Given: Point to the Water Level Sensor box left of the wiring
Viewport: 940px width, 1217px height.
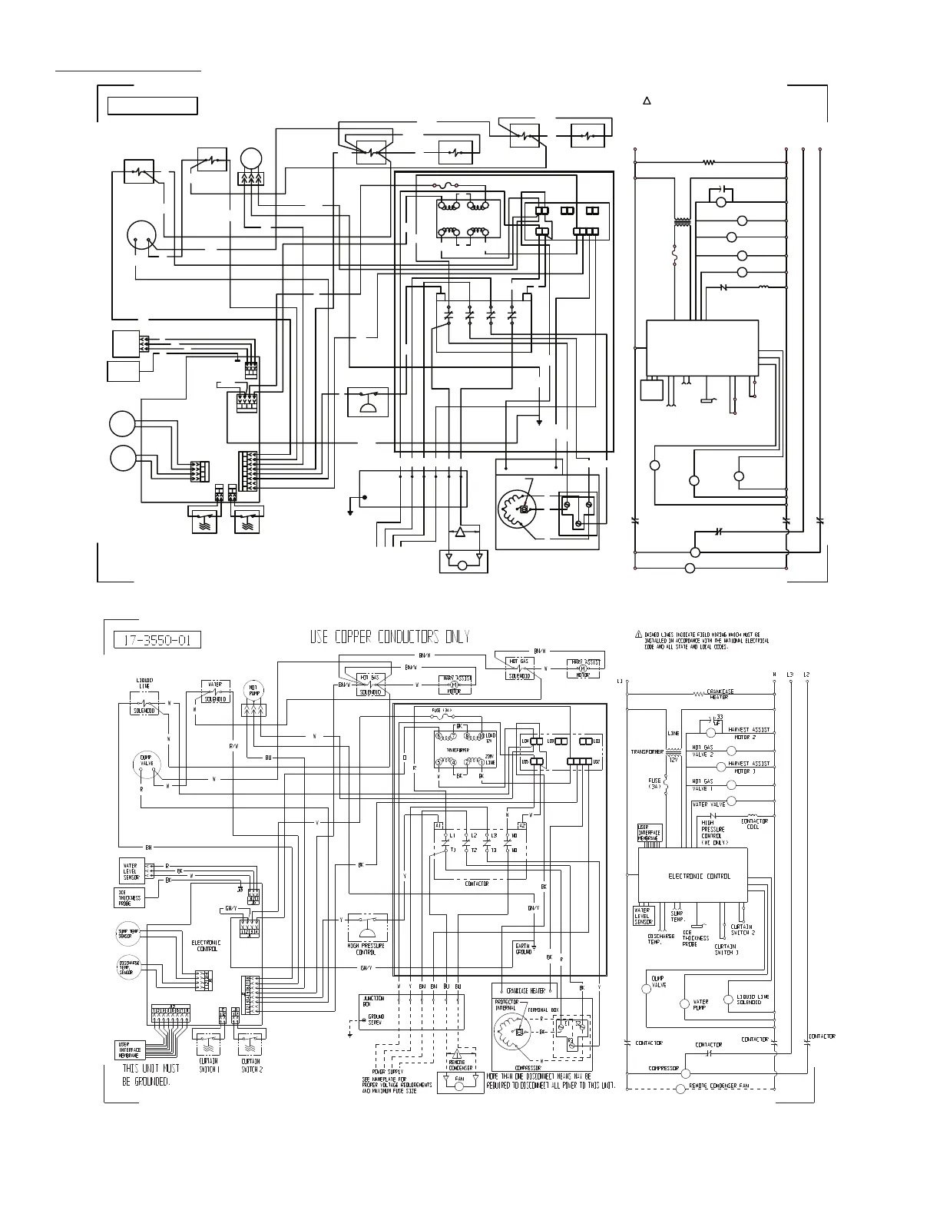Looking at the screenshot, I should [129, 870].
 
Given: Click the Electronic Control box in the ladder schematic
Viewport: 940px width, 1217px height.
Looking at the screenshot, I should [693, 875].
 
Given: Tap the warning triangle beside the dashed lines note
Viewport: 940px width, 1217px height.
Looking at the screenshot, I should [637, 635].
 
